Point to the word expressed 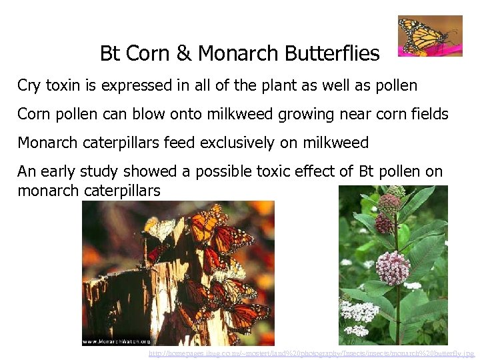(x=135, y=86)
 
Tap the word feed (x=169, y=143)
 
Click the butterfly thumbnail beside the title (x=429, y=36)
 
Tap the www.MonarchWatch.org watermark (x=115, y=341)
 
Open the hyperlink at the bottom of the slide (x=311, y=353)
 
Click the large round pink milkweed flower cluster (x=392, y=269)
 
